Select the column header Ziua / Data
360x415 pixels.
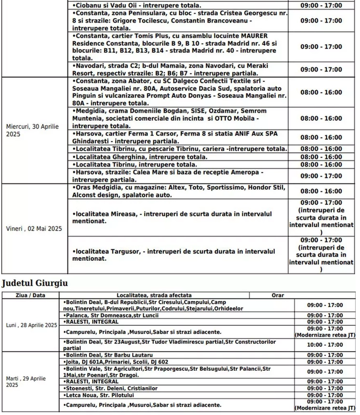[30, 295]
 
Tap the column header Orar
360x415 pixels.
[277, 295]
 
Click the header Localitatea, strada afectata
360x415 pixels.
[154, 295]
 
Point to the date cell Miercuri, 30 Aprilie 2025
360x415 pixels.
[32, 131]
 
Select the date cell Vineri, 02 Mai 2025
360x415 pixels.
[34, 229]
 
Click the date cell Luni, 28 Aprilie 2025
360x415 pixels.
[32, 325]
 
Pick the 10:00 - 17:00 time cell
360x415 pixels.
[325, 345]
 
